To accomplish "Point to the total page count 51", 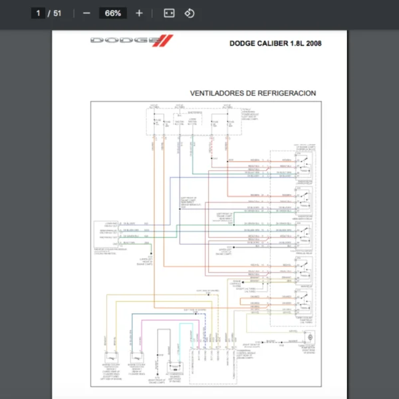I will [x=58, y=13].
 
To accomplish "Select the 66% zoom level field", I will [x=112, y=13].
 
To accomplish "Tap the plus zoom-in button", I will [x=139, y=13].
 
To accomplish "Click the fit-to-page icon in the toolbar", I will [x=169, y=13].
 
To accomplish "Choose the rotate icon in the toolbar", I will [x=190, y=13].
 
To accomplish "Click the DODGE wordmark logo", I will [x=121, y=41].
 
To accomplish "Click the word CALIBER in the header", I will [x=273, y=44].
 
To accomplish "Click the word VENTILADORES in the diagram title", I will [x=219, y=93].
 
